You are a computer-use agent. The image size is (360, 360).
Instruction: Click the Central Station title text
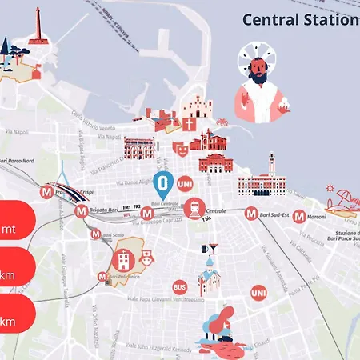[x=300, y=19]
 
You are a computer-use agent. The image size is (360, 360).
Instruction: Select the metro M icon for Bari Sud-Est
[x=252, y=214]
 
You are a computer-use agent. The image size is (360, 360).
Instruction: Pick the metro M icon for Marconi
[x=298, y=216]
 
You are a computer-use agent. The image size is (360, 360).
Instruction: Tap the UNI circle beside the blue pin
[x=185, y=183]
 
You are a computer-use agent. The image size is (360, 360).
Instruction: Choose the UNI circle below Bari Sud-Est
[x=258, y=294]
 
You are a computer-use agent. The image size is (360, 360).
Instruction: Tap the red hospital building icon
[x=124, y=259]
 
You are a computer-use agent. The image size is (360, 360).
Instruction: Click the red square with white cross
[x=189, y=125]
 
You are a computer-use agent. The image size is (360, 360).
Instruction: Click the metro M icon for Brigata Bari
[x=81, y=212]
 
